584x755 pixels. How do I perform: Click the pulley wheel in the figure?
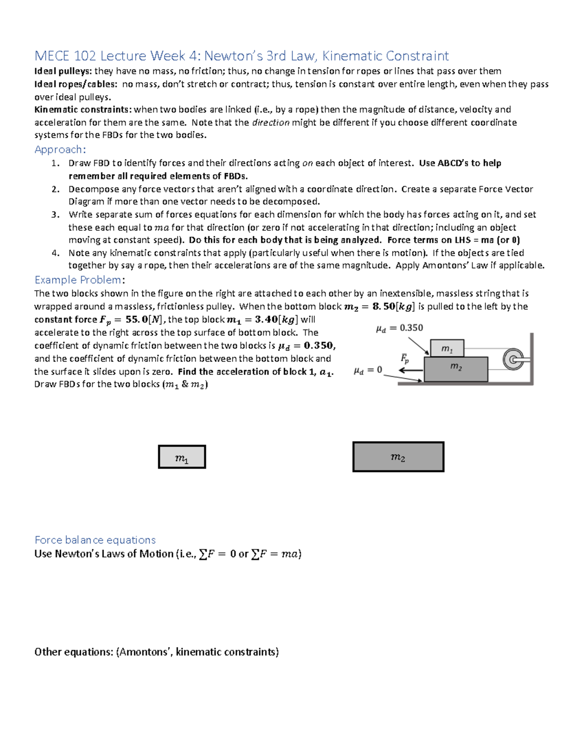point(512,360)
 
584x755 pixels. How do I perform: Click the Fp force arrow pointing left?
point(410,370)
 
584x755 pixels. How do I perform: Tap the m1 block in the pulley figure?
point(447,349)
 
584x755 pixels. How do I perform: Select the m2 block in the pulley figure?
point(456,369)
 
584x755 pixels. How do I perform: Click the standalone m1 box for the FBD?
point(182,457)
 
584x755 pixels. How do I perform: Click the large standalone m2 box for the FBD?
point(398,457)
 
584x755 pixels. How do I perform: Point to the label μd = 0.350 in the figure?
point(399,328)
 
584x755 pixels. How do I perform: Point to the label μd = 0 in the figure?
point(367,370)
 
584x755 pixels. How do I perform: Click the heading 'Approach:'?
point(60,149)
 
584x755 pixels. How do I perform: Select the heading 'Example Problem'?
point(78,280)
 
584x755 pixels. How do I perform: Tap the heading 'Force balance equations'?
point(95,540)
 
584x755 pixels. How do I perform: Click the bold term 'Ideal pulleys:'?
point(63,71)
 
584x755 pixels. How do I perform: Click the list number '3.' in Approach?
point(55,214)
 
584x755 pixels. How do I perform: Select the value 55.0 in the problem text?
point(137,320)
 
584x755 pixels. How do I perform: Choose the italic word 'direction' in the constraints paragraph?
point(271,123)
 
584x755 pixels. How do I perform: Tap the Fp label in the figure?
point(404,359)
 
